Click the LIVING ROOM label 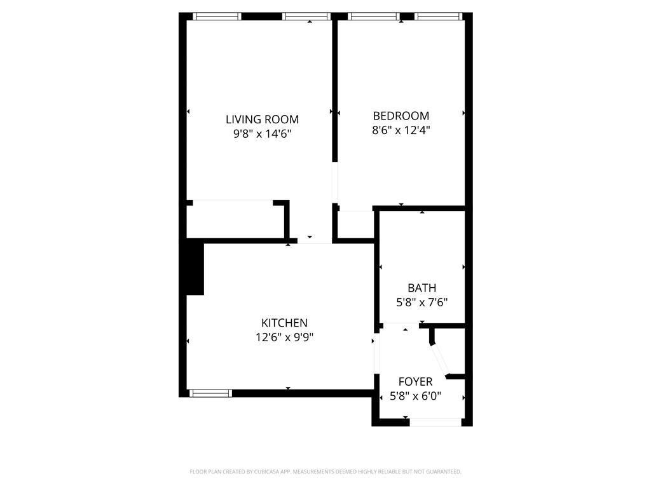262,119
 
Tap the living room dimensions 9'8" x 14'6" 262,133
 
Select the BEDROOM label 401,116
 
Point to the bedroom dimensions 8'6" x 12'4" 401,130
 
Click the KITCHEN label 284,323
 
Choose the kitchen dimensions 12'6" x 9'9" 284,337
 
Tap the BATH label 421,288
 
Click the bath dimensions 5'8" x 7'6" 421,302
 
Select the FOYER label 415,381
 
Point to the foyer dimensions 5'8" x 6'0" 415,396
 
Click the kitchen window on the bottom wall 211,393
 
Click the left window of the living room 217,17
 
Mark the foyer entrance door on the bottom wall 435,422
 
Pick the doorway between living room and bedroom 335,184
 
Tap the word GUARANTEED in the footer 443,471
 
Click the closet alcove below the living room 235,221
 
